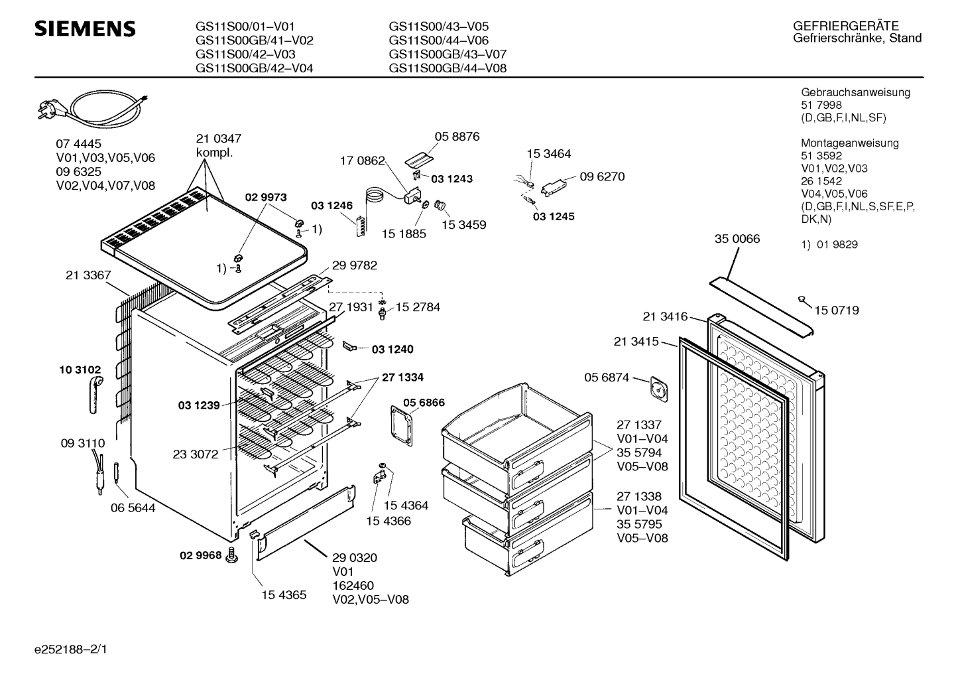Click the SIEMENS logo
85,29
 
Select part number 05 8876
457,136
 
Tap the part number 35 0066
737,239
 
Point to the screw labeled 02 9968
231,556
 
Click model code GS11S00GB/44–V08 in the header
448,68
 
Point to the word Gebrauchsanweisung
855,92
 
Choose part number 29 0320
354,557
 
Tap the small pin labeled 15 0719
803,301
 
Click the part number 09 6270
601,176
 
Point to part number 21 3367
88,275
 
